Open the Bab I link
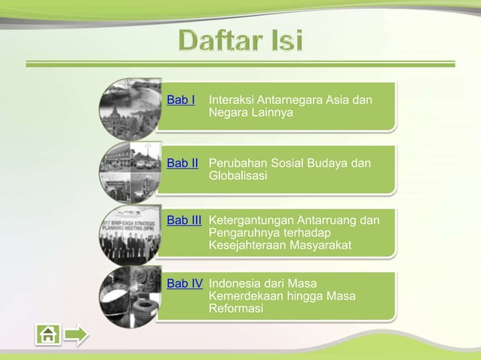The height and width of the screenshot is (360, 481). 181,100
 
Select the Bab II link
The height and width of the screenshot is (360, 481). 182,163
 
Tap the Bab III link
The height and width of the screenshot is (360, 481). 184,220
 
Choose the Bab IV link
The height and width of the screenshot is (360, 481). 185,284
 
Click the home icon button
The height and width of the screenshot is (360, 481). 48,334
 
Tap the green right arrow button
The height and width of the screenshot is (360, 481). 76,334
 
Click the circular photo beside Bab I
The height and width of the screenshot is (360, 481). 129,108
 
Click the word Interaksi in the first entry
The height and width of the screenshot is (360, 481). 232,100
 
